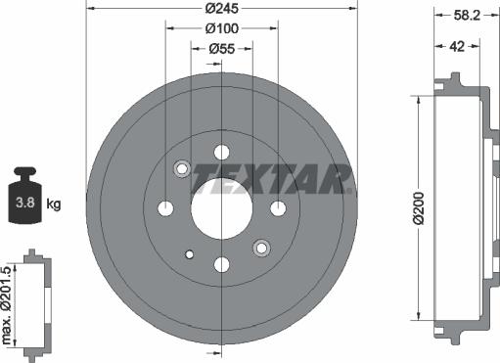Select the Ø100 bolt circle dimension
(222, 28)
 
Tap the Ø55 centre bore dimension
(222, 47)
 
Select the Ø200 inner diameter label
(418, 208)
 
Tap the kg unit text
(55, 204)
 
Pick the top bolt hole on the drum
(222, 152)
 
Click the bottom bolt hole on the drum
(222, 263)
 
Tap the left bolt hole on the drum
(166, 207)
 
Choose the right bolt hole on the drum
(278, 207)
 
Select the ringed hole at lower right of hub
(261, 247)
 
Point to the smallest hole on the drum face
(189, 254)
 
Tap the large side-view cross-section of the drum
(459, 208)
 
